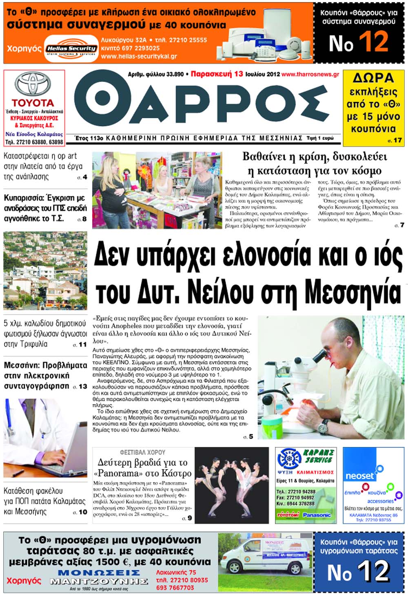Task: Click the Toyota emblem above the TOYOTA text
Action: (x=33, y=84)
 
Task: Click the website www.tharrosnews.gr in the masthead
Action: (x=310, y=75)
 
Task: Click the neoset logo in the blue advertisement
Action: (x=359, y=476)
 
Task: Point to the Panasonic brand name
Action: (x=317, y=515)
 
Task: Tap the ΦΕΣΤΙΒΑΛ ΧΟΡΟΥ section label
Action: (x=142, y=452)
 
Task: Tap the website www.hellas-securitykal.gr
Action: (x=139, y=57)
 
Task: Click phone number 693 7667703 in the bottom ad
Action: (x=175, y=588)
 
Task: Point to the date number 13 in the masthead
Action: (x=238, y=74)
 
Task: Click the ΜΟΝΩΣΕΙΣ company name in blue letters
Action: (x=99, y=573)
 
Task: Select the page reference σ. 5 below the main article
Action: (x=248, y=436)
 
